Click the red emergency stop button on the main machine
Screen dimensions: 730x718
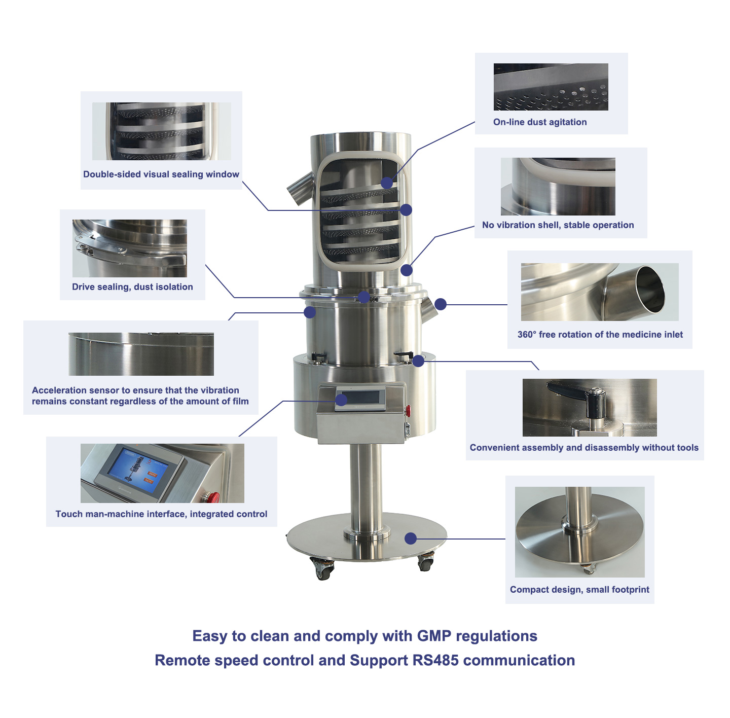pos(408,409)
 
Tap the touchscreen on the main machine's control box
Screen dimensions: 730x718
pos(360,398)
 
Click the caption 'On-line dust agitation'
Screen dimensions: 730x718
pos(540,122)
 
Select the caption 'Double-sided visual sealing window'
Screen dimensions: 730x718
pos(161,174)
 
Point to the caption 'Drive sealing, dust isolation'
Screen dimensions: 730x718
pos(133,287)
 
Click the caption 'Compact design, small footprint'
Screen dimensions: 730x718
pos(579,590)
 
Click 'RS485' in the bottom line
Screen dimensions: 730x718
pos(435,660)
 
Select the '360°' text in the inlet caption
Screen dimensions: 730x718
pos(527,334)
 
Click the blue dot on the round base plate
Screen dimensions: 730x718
pos(411,538)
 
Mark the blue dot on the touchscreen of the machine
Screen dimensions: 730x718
pos(341,400)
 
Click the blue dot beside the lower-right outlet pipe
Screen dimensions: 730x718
pos(440,304)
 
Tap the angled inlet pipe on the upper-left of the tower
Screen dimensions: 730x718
pos(300,187)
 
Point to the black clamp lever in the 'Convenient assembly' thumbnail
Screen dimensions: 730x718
pos(577,397)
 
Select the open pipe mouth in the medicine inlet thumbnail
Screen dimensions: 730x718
pos(649,290)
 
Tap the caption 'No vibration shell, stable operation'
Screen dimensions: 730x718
pos(558,225)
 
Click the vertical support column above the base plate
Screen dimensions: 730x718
pos(366,487)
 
